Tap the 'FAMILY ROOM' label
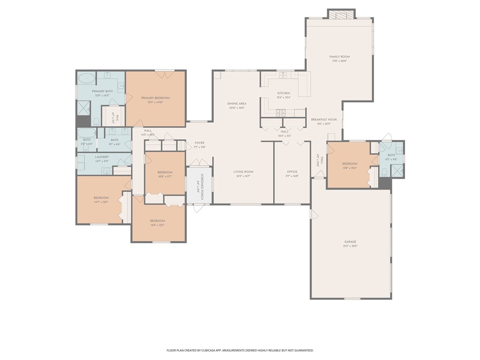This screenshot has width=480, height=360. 339,57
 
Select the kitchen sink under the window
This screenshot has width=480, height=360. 282,75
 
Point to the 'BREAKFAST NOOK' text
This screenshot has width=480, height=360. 324,120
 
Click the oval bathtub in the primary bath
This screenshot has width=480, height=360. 86,78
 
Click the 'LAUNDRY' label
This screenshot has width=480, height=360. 102,157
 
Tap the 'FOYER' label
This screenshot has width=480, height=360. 199,142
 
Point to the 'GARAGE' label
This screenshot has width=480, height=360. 350,242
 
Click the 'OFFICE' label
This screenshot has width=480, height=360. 292,172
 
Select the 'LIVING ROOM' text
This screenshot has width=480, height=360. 243,172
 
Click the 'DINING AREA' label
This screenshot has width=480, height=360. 237,104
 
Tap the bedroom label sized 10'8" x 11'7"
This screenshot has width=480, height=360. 165,172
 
